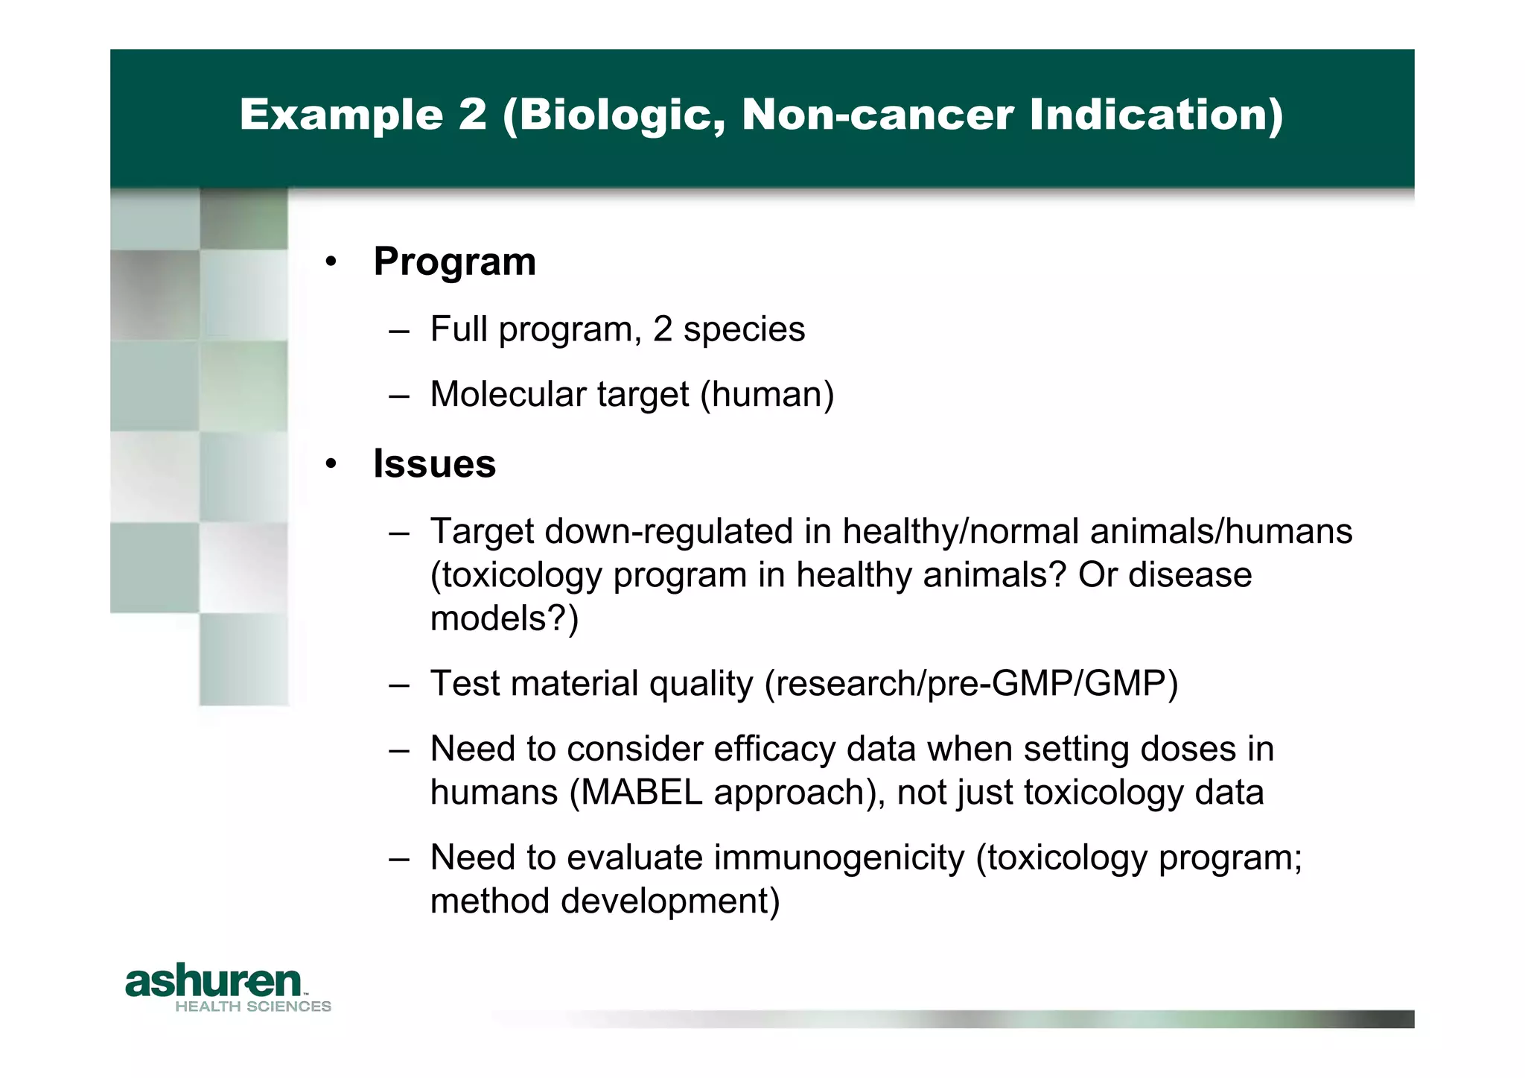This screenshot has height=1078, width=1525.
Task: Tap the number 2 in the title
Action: click(x=472, y=115)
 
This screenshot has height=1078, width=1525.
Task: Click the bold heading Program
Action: click(x=454, y=262)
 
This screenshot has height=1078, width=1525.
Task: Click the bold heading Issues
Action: click(x=434, y=464)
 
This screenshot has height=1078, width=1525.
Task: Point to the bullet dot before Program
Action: click(x=331, y=262)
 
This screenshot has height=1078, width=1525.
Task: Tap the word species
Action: click(x=744, y=329)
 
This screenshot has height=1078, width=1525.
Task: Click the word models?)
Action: click(x=504, y=618)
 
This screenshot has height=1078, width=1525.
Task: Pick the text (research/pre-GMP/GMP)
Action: click(x=971, y=683)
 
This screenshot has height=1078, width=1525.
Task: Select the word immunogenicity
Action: click(x=839, y=857)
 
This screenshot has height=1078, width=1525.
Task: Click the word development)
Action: click(x=669, y=901)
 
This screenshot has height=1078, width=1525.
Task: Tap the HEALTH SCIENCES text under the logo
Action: click(x=253, y=1006)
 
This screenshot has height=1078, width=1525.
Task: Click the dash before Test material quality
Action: click(x=399, y=684)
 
